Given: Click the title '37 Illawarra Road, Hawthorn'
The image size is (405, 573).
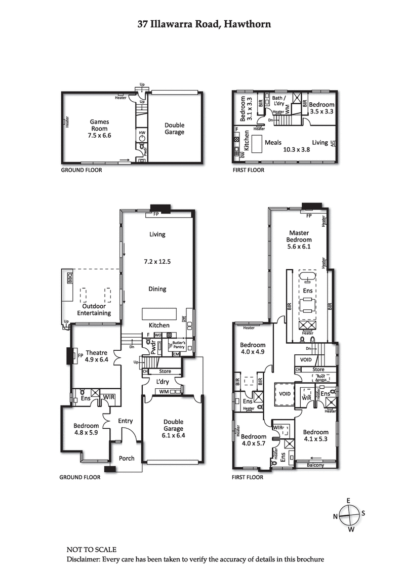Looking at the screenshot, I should [204, 24].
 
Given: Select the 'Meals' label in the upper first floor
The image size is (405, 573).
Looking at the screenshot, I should [273, 143].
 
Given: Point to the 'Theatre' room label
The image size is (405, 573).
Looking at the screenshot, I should [96, 353].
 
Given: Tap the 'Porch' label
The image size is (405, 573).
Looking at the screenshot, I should [127, 458].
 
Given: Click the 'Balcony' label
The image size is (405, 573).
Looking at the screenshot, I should [315, 465].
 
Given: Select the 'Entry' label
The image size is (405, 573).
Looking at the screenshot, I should [125, 421].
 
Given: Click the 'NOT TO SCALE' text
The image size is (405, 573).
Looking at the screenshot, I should [91, 549].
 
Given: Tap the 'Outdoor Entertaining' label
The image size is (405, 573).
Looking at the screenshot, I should [94, 310].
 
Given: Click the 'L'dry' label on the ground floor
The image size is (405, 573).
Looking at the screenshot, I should [163, 381].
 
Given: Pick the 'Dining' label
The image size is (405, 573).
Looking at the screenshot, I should [157, 289].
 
